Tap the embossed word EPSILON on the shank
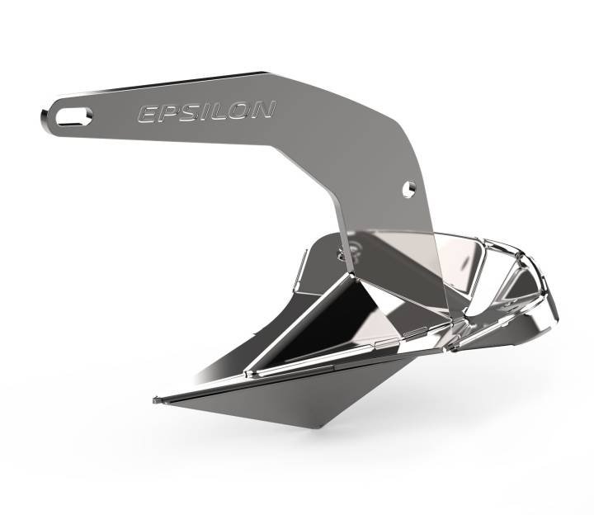coord(206,111)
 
